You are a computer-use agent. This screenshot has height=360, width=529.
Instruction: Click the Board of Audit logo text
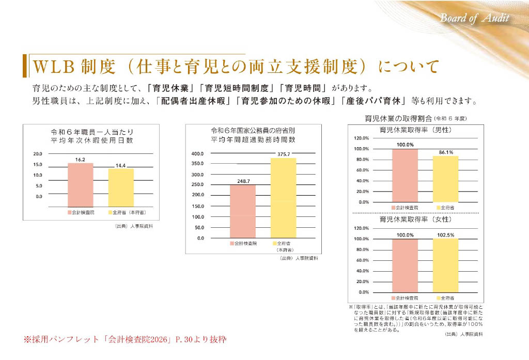[474, 19]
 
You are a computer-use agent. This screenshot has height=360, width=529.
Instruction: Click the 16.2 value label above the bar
[80, 160]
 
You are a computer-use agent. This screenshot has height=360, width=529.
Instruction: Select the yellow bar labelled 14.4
[120, 187]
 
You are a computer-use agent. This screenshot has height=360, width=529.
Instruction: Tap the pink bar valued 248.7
[242, 211]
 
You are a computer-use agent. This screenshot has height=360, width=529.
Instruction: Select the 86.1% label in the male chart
[445, 152]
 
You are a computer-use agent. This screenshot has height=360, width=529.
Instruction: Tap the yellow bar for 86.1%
[445, 179]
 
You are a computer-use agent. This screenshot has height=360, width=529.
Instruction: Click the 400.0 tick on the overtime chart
[198, 154]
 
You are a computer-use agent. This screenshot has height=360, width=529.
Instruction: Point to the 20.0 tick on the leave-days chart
[38, 154]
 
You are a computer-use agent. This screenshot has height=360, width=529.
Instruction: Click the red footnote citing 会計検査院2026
[125, 340]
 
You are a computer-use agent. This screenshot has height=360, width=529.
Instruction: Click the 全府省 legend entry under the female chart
[445, 299]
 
